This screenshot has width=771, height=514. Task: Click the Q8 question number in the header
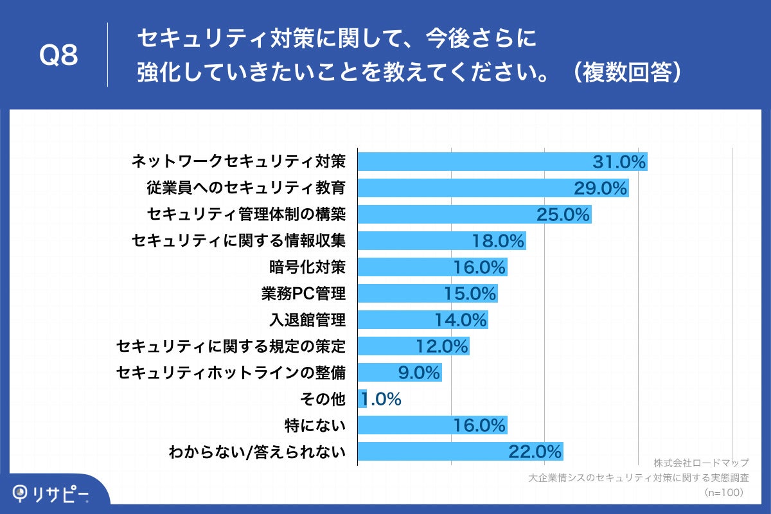tap(59, 56)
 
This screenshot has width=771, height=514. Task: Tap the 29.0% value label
tap(600, 188)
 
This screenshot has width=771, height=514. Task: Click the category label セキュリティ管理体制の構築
tap(246, 214)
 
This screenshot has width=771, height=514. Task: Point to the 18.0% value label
tap(499, 241)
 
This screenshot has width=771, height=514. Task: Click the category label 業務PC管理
tap(303, 294)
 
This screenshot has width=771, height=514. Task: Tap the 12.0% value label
tap(441, 346)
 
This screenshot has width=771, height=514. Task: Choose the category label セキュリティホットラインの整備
tap(231, 373)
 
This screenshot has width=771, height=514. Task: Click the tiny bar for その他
tap(362, 399)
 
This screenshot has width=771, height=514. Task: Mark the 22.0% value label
tap(535, 452)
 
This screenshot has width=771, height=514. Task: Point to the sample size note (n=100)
tap(724, 492)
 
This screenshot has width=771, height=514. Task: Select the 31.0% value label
tap(619, 162)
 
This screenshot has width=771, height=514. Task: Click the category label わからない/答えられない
tap(257, 452)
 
